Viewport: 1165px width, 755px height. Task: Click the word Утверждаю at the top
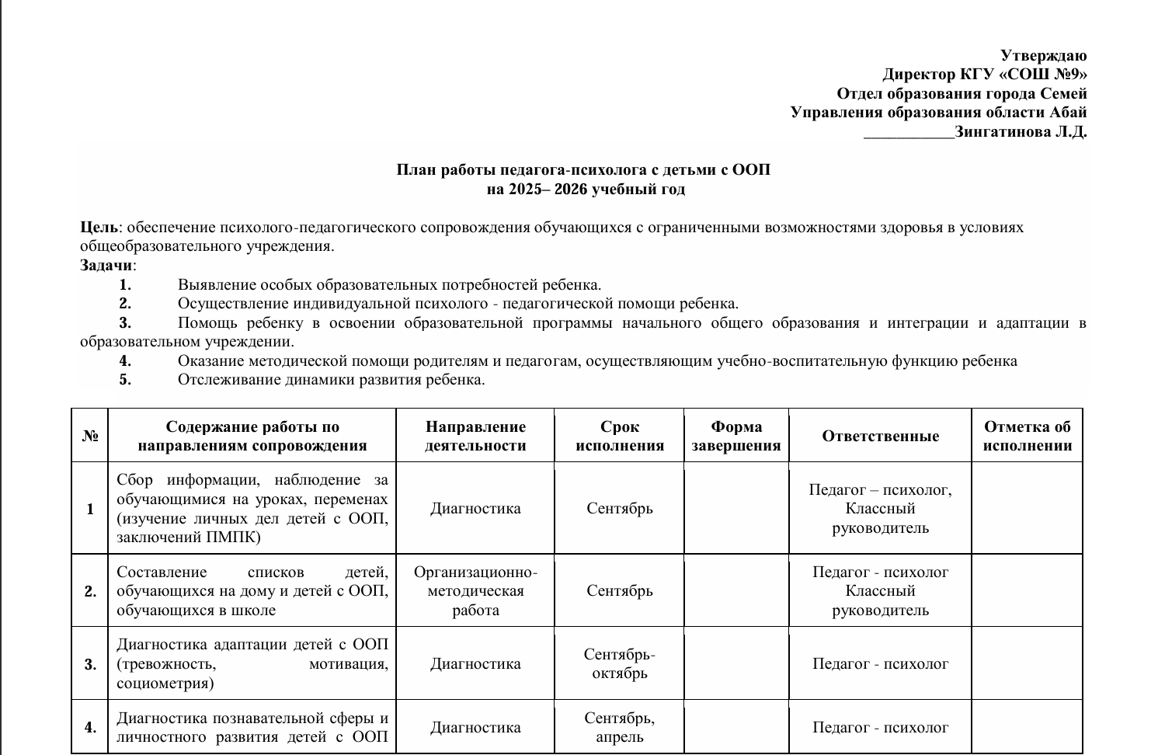[x=1043, y=56]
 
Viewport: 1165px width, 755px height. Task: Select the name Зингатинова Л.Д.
[x=1021, y=132]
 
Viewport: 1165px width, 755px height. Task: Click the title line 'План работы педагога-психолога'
[x=583, y=170]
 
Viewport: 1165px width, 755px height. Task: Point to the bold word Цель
[x=99, y=228]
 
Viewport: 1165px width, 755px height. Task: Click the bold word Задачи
[x=106, y=266]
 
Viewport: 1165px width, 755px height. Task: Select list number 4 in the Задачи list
[x=125, y=361]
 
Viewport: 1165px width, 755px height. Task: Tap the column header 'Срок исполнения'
[x=619, y=436]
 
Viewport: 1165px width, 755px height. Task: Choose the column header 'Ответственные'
[x=880, y=436]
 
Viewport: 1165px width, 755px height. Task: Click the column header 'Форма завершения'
[x=736, y=436]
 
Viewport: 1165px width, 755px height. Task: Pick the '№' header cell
[x=89, y=436]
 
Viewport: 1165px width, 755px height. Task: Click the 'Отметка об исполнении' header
[x=1027, y=436]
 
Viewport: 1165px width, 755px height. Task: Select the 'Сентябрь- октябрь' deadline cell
[x=619, y=664]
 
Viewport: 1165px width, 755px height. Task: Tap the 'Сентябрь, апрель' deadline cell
[x=619, y=728]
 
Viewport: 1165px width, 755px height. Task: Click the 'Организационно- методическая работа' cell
[x=475, y=591]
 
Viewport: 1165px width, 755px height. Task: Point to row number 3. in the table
[x=90, y=664]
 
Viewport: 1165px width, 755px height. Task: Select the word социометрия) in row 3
[x=165, y=684]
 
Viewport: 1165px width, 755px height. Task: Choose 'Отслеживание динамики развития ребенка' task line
[x=331, y=380]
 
